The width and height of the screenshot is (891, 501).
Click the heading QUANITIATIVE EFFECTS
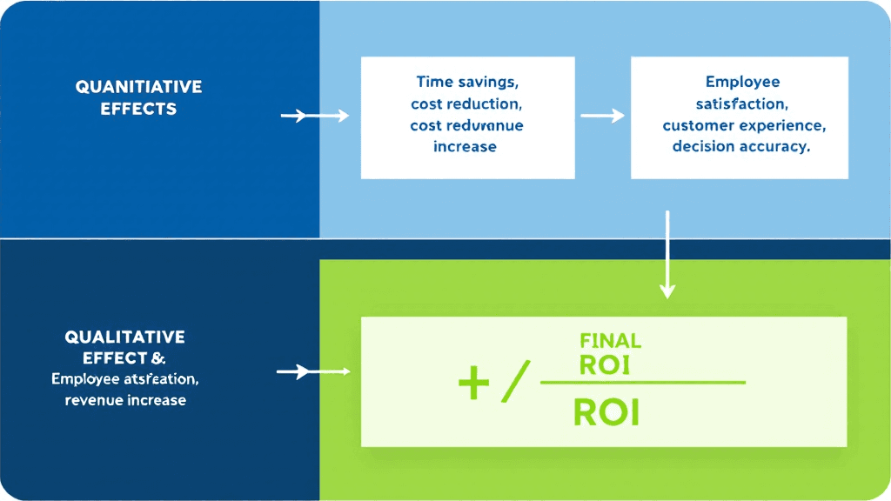(138, 98)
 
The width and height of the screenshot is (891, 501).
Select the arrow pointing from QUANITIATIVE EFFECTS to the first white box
(314, 115)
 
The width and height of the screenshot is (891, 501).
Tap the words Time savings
(466, 82)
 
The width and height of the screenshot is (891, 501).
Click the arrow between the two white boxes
(602, 115)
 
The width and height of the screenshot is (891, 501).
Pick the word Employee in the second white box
(742, 82)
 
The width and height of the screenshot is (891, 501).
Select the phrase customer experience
(743, 125)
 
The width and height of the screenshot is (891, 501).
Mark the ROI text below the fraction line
(606, 412)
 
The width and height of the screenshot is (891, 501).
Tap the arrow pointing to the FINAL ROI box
(312, 372)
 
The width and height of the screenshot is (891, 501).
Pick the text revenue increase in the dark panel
(125, 400)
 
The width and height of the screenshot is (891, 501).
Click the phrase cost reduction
(466, 104)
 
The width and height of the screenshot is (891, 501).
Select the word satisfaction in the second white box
(742, 104)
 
